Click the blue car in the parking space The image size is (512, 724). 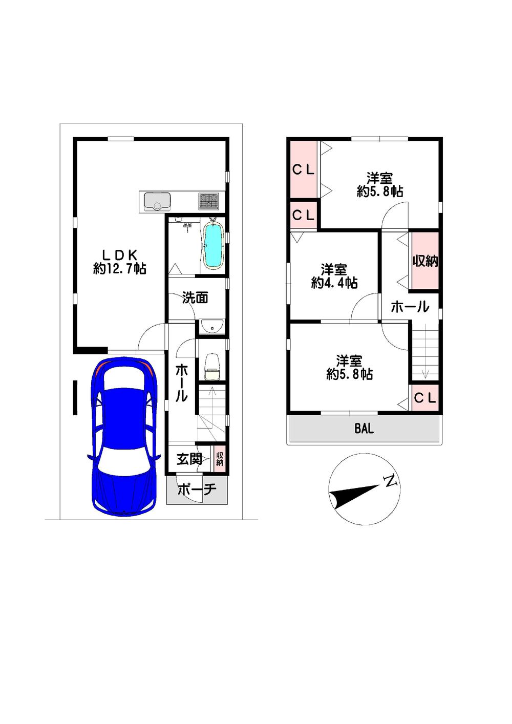point(124,436)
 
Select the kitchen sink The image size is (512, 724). point(157,201)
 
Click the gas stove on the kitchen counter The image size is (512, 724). point(208,201)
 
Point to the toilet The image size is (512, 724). point(212,367)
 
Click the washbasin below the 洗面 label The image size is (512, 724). point(212,327)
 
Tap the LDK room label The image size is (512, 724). point(120,255)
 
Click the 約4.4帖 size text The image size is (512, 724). point(334,284)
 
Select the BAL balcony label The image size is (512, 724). point(364,429)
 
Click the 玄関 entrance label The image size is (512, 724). point(189,459)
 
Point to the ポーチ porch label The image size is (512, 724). point(197,489)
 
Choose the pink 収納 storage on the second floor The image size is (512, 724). point(425,261)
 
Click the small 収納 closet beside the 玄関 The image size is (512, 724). point(220,459)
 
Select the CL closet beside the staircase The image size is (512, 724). point(425,397)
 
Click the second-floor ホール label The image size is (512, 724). point(410,307)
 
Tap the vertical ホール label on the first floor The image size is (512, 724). point(181,382)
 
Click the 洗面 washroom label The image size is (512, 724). point(195,297)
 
